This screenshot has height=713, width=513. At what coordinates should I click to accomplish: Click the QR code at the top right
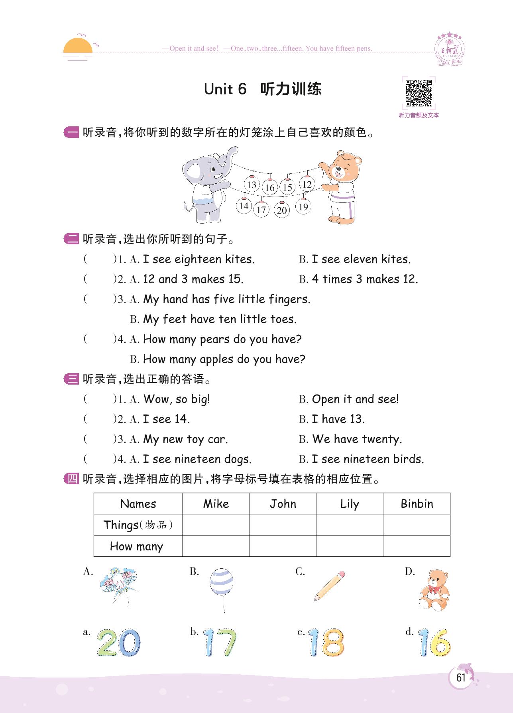[x=419, y=93]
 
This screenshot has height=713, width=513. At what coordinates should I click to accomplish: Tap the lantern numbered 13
[x=252, y=185]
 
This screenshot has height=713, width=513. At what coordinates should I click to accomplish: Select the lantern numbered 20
[x=282, y=210]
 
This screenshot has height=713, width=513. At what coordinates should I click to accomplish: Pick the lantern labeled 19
[x=303, y=206]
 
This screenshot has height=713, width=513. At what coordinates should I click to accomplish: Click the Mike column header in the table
[x=216, y=504]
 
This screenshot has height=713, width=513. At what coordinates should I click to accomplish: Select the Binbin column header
[x=417, y=504]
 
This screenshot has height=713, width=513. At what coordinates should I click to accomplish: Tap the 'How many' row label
[x=137, y=546]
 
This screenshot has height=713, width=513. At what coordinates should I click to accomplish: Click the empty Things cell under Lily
[x=350, y=525]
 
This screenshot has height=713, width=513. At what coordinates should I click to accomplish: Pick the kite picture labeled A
[x=119, y=586]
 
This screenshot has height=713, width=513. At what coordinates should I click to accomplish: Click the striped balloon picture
[x=221, y=586]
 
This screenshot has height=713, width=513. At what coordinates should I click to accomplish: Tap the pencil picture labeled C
[x=329, y=586]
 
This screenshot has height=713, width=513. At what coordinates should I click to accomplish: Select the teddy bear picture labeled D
[x=434, y=590]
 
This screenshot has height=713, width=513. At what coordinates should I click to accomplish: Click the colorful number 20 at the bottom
[x=118, y=642]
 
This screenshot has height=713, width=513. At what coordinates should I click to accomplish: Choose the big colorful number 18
[x=326, y=642]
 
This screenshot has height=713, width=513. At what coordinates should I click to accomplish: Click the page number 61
[x=461, y=678]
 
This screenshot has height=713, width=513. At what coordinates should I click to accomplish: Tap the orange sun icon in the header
[x=78, y=46]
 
